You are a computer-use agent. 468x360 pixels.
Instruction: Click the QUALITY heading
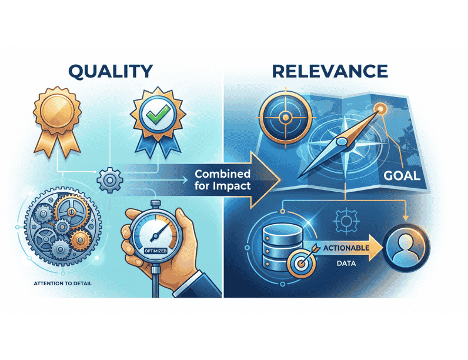tap(111, 71)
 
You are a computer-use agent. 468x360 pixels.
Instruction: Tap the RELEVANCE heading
tap(330, 71)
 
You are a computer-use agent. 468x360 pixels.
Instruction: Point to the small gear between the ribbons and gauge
tap(110, 180)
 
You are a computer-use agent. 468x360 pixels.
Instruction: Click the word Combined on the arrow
tap(222, 174)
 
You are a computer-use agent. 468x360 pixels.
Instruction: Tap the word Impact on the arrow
tap(232, 186)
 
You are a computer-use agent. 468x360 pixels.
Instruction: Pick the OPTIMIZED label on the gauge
tap(155, 251)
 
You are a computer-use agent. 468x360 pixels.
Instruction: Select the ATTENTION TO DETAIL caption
tap(63, 284)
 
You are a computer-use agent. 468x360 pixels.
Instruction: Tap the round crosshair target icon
tap(286, 117)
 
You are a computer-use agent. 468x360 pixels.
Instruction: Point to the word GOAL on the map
tap(402, 175)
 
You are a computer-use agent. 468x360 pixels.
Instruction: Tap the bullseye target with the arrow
tap(302, 262)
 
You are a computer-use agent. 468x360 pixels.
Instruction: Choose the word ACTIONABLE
tap(346, 248)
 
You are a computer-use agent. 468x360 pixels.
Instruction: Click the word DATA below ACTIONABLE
tap(346, 264)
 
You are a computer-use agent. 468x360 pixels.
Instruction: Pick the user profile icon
tap(406, 248)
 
